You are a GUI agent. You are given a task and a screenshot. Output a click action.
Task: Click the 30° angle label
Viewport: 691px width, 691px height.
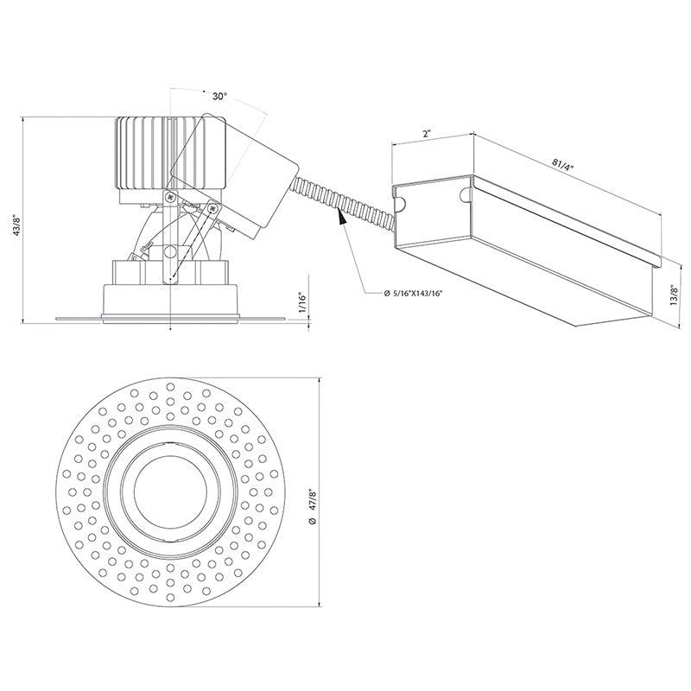click(x=219, y=97)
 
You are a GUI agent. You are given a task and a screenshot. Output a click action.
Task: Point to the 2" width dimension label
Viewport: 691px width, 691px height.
click(x=427, y=133)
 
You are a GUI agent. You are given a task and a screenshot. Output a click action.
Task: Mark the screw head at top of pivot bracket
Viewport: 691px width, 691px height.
click(x=170, y=197)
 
